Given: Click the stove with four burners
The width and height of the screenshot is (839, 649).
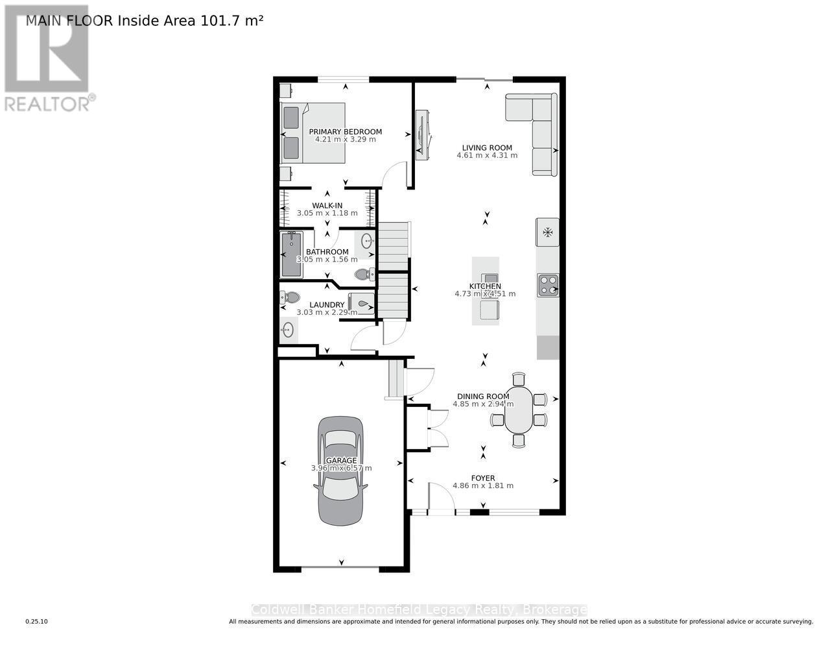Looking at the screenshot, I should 548,285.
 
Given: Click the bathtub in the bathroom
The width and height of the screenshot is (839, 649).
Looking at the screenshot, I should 291,254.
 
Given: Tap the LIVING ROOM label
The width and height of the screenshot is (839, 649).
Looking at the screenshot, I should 487,148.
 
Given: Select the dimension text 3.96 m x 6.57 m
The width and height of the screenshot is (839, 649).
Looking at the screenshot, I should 341,468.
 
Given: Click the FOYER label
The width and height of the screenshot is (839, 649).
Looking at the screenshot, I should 482,478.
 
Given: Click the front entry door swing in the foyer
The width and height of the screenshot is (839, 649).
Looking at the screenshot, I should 441,496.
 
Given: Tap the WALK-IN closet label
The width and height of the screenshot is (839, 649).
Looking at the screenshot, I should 327,206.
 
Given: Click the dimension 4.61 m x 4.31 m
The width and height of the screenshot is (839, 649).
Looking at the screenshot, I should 487,156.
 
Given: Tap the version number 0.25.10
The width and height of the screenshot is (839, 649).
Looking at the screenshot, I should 37,622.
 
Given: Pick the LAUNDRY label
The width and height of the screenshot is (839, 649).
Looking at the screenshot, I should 327,305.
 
